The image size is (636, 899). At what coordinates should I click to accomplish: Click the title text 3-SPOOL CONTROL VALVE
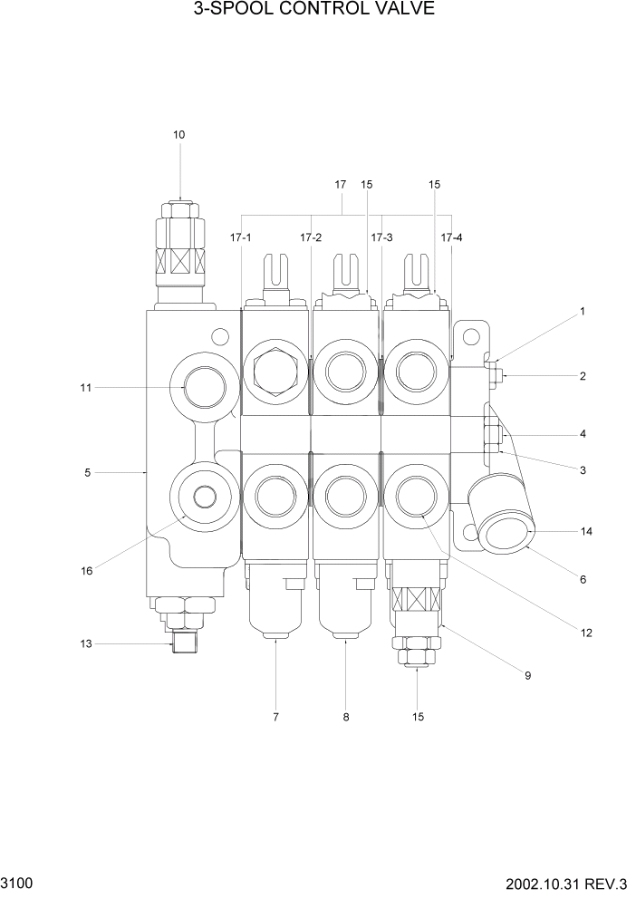click(313, 10)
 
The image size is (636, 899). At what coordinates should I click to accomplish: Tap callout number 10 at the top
click(178, 135)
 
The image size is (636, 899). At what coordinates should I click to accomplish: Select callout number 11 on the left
click(86, 388)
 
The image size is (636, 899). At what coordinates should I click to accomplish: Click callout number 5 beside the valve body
click(87, 472)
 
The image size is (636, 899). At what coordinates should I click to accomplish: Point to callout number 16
click(87, 570)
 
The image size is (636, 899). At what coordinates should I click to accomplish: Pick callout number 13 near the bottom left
click(86, 643)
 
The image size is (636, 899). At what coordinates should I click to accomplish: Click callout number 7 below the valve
click(275, 718)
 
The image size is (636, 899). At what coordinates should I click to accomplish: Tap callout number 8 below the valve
click(346, 718)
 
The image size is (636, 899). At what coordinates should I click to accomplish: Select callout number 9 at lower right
click(528, 674)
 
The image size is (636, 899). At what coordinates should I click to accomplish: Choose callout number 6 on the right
click(583, 579)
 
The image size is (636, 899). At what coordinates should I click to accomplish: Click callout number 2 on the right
click(583, 376)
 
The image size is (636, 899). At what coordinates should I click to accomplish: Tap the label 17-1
click(240, 237)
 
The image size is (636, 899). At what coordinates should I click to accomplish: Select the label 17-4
click(451, 237)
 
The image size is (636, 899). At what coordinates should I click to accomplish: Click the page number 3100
click(17, 882)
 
